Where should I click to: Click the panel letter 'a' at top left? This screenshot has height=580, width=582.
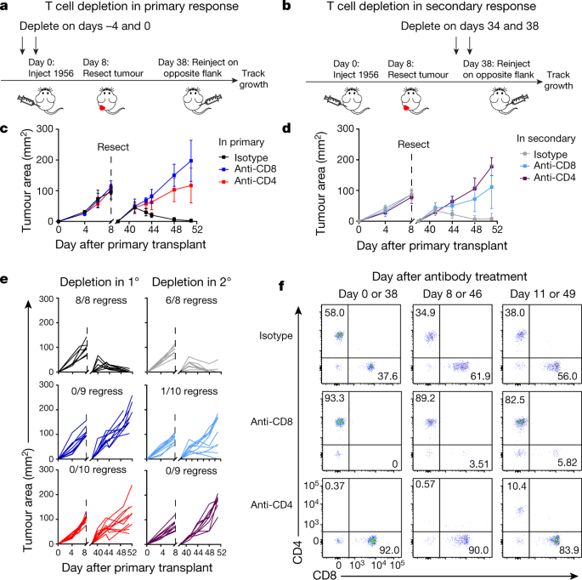coord(3,6)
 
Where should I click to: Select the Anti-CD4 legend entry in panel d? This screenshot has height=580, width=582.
coord(548,178)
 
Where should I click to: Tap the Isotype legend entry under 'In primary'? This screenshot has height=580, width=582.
coord(244,157)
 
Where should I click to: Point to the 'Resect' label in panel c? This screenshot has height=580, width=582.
coord(113,147)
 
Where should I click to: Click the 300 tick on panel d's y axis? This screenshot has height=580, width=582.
coord(345,128)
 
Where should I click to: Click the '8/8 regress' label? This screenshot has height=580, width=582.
coord(101,300)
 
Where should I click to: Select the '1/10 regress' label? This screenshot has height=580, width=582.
coord(189,391)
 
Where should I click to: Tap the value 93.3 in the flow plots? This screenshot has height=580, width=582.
coord(335,398)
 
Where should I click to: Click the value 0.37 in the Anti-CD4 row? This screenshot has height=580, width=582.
coord(335,486)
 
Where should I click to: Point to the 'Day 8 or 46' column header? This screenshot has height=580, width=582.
coord(452,294)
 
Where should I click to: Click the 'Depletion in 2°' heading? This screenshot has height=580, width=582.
coord(191,282)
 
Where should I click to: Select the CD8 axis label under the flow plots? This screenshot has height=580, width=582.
coord(325,575)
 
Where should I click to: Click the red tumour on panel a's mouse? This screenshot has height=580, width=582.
coord(103,108)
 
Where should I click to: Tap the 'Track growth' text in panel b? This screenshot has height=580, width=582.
coord(558,80)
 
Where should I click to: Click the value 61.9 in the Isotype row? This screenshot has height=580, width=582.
coord(480,377)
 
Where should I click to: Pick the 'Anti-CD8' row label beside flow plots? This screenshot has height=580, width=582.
coord(272,422)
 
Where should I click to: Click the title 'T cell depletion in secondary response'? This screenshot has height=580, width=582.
coord(432,6)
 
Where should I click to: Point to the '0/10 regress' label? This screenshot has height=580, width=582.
coord(98,469)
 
